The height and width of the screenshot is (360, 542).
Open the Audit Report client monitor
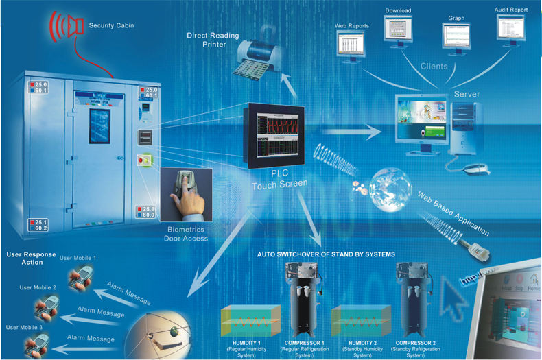pyautogui.click(x=511, y=29)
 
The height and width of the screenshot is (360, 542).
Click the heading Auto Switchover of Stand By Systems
pyautogui.click(x=326, y=254)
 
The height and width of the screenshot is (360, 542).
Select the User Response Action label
pyautogui.click(x=27, y=258)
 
